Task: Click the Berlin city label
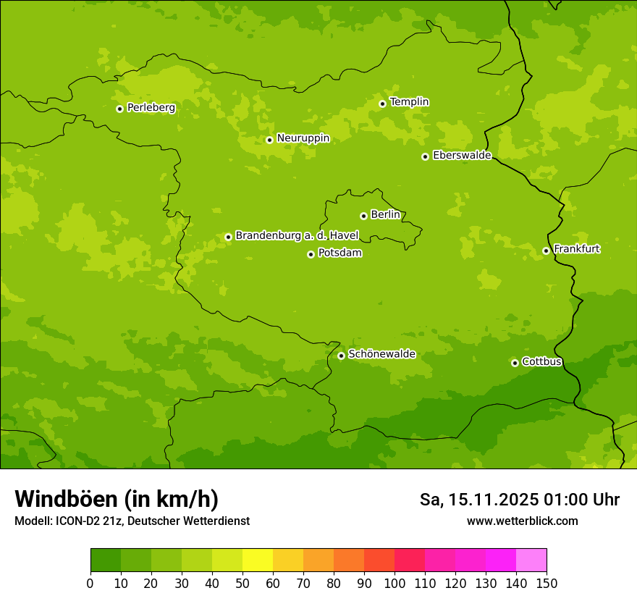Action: (385, 215)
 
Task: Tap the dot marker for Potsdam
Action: (311, 254)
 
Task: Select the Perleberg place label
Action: (151, 108)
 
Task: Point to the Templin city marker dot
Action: (382, 104)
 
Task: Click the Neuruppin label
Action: (303, 138)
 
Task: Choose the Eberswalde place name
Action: (462, 156)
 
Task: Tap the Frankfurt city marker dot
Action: (546, 251)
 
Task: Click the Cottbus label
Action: (541, 362)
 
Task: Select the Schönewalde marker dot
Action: (341, 356)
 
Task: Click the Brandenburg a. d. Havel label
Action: (297, 236)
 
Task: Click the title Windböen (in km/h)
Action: (117, 499)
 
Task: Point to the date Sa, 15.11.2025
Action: (478, 500)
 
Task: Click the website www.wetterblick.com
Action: (522, 521)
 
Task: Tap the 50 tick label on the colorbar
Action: (242, 583)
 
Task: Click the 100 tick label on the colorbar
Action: (395, 583)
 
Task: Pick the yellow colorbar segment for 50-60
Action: (258, 560)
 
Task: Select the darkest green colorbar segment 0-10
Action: (106, 560)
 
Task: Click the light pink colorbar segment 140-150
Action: (531, 560)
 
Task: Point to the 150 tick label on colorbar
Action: (547, 583)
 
